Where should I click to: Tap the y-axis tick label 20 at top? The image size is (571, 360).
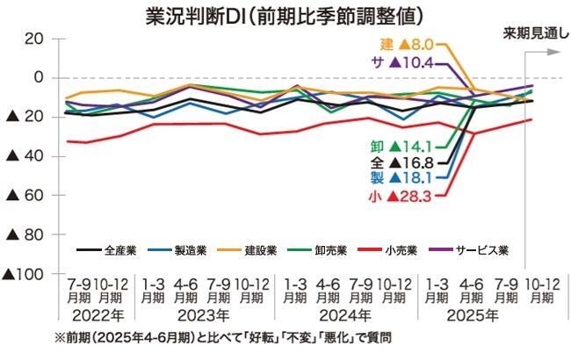(x=34, y=39)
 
